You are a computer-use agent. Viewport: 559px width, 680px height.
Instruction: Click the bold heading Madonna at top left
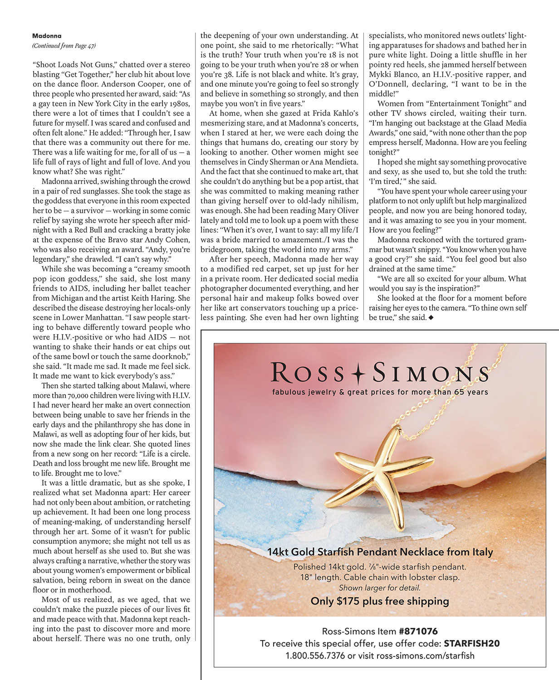[47, 36]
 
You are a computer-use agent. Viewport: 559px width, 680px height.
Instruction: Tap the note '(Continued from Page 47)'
[64, 46]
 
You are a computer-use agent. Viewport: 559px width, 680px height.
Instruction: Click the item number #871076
[418, 631]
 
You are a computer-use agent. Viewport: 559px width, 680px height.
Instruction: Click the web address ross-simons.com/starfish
[426, 656]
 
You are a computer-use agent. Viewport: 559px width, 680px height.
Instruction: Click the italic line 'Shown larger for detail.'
[380, 588]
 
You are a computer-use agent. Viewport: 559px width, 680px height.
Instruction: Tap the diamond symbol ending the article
[431, 317]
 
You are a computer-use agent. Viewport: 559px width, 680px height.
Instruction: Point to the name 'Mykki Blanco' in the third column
[391, 74]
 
